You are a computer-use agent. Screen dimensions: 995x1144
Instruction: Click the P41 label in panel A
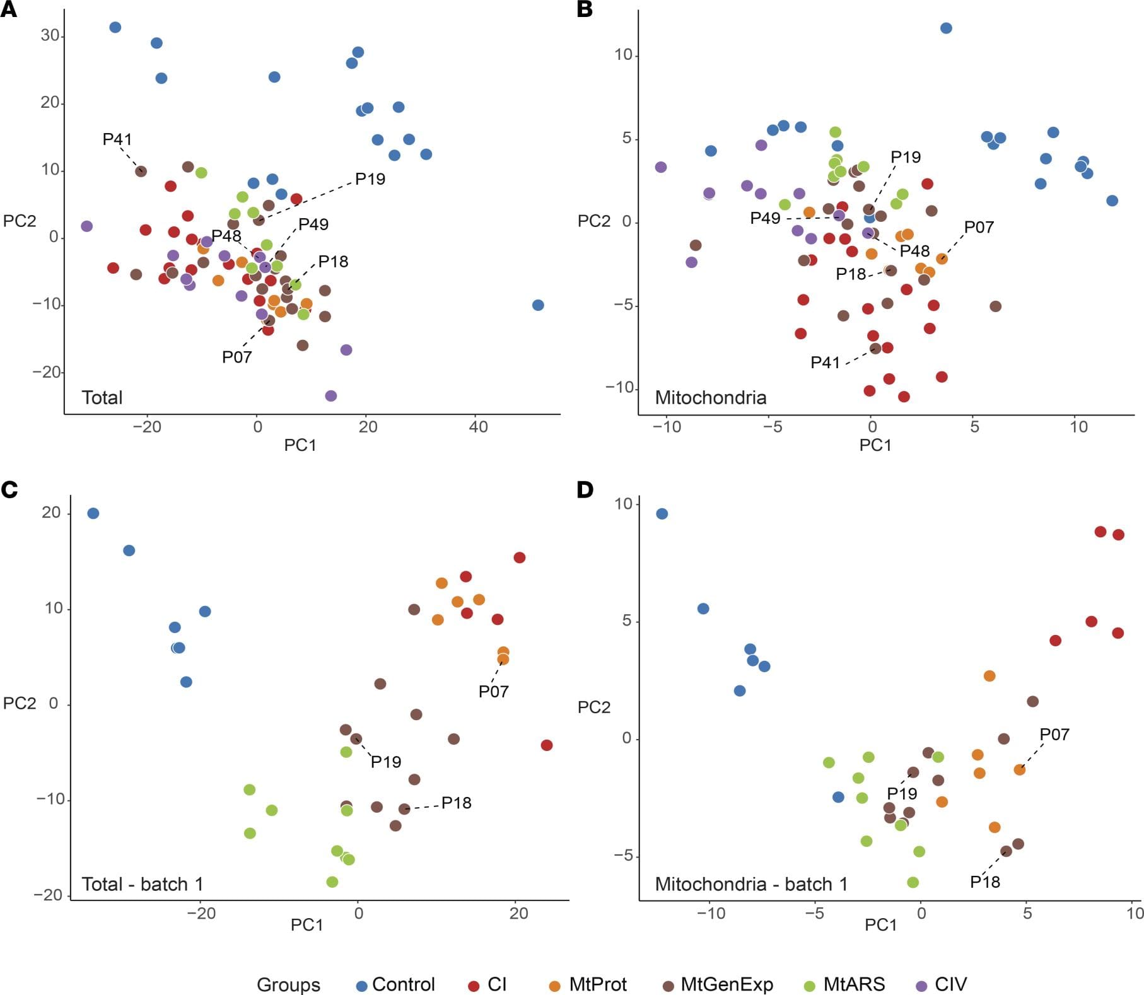pos(117,139)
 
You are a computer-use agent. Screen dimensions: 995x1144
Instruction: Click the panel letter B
pos(585,10)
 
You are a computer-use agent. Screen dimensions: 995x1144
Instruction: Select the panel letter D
pos(585,490)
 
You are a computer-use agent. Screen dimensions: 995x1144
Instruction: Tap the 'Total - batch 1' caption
pos(143,884)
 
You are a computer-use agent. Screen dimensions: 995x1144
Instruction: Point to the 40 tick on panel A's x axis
pos(478,427)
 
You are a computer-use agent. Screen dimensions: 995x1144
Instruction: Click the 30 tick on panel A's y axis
pos(50,35)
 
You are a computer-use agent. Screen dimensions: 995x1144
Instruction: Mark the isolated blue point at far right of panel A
pos(538,305)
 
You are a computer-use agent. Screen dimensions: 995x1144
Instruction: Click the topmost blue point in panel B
pos(946,28)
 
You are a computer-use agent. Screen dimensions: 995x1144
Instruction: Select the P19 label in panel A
pos(370,179)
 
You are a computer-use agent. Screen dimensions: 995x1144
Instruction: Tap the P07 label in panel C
pos(493,692)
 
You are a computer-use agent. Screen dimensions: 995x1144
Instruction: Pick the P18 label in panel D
pos(985,882)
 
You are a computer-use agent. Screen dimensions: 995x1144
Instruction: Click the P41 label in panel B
pos(826,363)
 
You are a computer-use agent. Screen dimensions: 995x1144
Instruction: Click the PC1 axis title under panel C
pos(306,924)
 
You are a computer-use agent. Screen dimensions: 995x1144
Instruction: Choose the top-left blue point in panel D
pos(662,514)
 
